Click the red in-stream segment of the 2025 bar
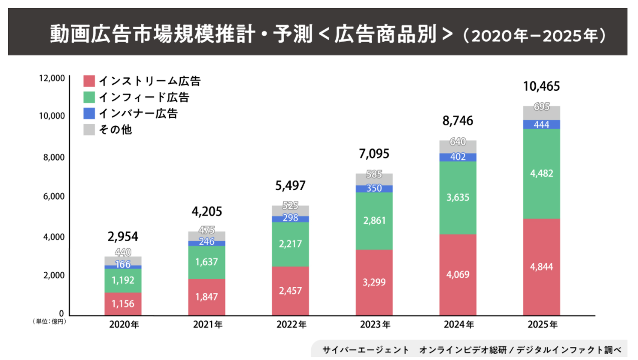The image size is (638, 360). click(x=541, y=267)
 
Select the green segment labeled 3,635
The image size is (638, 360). click(x=458, y=198)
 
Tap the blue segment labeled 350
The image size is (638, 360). click(x=374, y=189)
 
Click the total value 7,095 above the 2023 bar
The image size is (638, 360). click(x=373, y=153)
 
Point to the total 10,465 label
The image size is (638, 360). click(x=541, y=86)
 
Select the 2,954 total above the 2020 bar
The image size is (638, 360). click(x=123, y=237)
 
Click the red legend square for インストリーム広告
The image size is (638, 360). click(x=89, y=80)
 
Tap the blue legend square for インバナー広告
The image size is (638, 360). click(x=89, y=113)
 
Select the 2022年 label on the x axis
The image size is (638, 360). click(x=291, y=324)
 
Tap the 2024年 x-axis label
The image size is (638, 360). click(x=458, y=324)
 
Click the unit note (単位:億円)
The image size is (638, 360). click(x=50, y=321)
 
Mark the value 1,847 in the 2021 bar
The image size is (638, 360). click(x=206, y=296)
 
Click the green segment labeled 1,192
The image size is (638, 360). click(x=123, y=280)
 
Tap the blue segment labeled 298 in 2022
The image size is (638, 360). click(x=290, y=219)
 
